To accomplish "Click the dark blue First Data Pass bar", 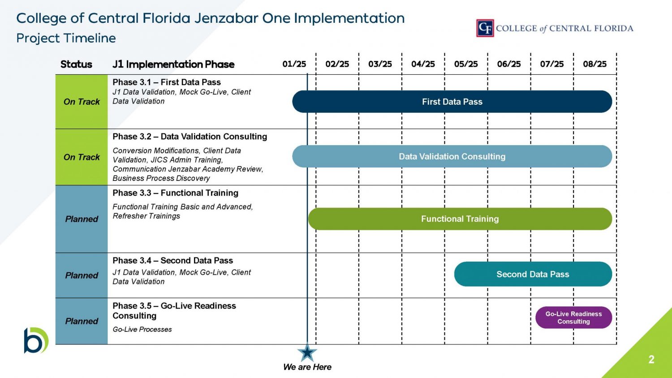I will pos(452,102).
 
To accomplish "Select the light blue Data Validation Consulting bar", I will pos(452,156).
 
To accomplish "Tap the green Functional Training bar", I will pos(460,219).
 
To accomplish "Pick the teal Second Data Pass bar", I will pos(533,274).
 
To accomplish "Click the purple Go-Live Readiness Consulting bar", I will pos(573,318).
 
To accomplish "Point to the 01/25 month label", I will pos(294,64).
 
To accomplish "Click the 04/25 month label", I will pos(423,64).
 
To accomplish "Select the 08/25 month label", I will pos(594,64).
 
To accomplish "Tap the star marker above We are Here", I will pos(307,352).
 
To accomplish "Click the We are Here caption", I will pos(307,367).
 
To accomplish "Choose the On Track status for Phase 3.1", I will pos(82,102).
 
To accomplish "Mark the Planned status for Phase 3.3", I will pos(82,219).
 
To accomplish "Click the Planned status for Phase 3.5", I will pos(82,321).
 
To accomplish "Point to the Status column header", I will pos(76,64).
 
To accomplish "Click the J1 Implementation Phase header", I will pos(173,64).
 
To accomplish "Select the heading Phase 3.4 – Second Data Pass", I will pos(172,261).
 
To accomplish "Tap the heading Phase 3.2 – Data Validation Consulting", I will pos(190,137).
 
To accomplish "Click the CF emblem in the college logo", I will pos(485,28).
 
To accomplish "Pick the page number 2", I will pos(651,359).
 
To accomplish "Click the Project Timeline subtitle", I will pos(66,38).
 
